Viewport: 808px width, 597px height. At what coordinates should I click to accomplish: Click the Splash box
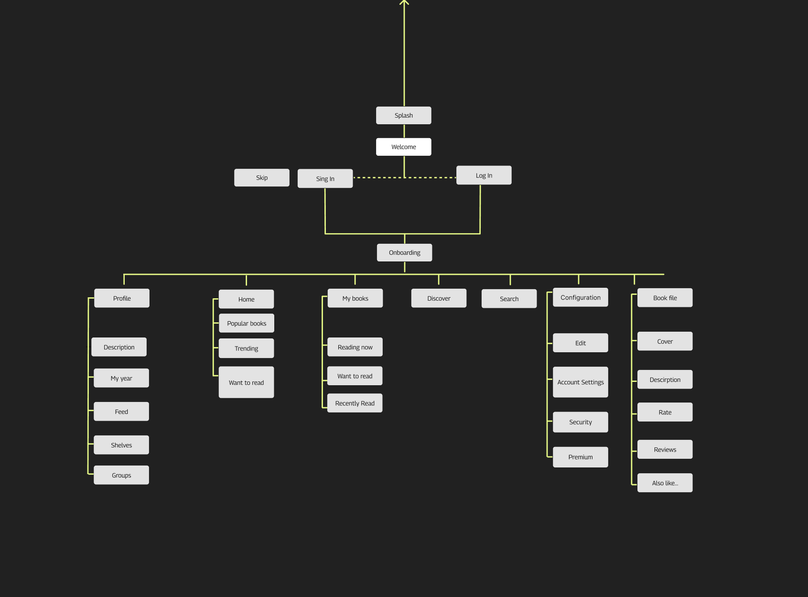[403, 115]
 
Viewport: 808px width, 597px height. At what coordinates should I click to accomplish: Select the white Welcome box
[403, 147]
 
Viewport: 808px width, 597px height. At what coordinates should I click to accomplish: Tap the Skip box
[261, 177]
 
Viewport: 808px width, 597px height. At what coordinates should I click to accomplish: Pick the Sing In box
[325, 178]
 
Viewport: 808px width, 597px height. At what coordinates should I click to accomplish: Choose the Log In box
[484, 175]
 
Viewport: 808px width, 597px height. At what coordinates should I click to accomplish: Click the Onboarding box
[404, 252]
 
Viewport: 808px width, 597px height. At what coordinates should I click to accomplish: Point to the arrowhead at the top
[404, 2]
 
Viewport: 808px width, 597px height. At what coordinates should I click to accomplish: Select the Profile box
[122, 298]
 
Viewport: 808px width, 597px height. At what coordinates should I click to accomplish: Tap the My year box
[121, 378]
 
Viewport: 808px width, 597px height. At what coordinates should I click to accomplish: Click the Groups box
[121, 475]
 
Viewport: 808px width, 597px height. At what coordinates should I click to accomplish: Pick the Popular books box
[247, 323]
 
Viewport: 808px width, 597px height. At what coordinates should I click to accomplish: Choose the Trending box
[246, 348]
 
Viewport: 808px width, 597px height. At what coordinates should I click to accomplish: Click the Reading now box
[355, 347]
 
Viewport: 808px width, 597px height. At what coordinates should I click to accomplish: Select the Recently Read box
[355, 403]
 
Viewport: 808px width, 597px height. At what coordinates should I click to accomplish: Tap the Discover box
[439, 298]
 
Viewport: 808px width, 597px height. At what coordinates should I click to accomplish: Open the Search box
[509, 299]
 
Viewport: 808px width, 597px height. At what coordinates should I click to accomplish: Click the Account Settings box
[581, 382]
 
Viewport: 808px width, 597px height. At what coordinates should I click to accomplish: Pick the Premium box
[581, 457]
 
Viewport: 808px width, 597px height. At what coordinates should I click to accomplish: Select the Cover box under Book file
[665, 341]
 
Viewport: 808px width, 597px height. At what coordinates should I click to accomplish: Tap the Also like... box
[665, 483]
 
